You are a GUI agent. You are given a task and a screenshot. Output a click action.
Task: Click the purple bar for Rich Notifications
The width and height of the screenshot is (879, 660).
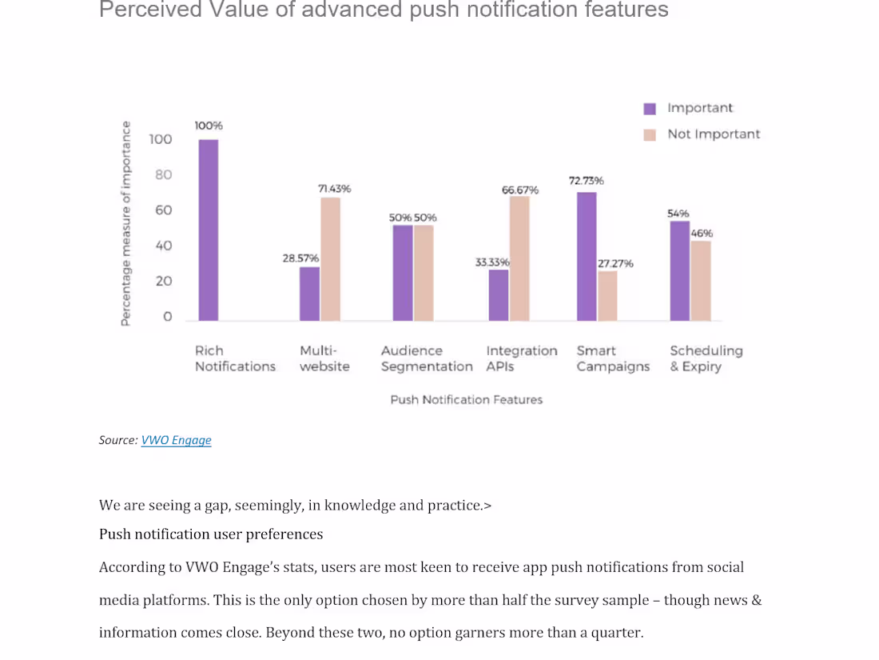click(209, 230)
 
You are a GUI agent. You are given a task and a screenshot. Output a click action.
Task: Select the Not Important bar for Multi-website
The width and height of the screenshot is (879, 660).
click(330, 259)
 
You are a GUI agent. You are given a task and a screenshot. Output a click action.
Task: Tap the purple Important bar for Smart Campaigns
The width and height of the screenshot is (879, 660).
click(587, 256)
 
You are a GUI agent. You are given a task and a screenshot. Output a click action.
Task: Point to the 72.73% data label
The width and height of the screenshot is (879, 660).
click(587, 181)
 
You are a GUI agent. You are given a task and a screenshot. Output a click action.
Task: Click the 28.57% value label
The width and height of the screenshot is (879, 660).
click(300, 258)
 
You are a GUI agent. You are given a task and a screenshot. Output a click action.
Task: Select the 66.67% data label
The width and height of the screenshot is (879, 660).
click(519, 190)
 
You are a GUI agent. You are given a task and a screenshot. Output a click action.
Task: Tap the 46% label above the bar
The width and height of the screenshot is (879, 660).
click(702, 234)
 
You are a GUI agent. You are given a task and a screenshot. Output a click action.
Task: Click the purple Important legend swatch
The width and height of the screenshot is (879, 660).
click(650, 109)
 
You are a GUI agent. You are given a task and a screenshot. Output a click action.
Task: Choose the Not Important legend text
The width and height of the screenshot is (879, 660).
click(714, 134)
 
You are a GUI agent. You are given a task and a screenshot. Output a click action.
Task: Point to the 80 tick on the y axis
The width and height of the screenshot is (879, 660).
click(163, 175)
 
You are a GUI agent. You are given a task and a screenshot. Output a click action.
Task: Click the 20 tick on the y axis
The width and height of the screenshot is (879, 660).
click(163, 281)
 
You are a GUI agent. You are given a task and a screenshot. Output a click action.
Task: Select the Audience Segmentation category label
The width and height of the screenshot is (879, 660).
click(427, 358)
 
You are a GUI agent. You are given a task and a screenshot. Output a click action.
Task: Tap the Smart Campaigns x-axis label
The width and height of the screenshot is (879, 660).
click(613, 358)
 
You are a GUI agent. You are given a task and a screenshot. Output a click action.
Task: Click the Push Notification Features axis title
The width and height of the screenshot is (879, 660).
click(466, 399)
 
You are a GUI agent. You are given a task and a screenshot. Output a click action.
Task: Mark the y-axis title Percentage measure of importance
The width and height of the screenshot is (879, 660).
click(125, 223)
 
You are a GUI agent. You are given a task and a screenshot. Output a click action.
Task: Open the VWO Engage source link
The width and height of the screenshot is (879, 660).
click(176, 440)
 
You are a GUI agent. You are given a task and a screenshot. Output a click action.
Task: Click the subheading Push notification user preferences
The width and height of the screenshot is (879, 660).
click(211, 534)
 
